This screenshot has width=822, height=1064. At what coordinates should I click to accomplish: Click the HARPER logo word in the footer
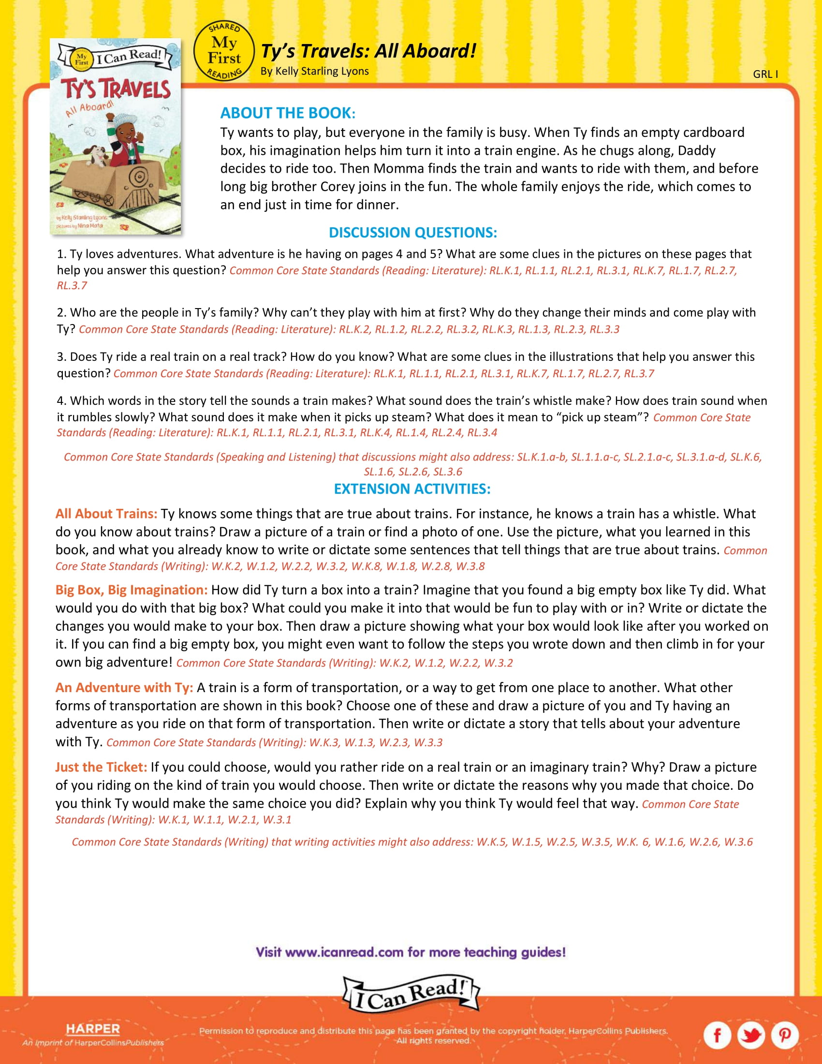(92, 1028)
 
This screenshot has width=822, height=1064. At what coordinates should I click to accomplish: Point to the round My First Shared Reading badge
(224, 51)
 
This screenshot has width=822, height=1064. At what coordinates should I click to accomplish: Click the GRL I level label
(765, 74)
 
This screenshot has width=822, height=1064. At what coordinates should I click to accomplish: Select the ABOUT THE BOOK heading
(288, 113)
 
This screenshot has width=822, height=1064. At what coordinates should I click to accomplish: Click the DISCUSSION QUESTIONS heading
(412, 232)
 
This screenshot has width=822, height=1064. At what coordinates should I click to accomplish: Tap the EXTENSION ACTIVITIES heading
(412, 488)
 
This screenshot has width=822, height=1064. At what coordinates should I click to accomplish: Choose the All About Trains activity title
(106, 514)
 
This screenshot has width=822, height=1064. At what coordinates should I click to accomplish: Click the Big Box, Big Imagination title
(132, 590)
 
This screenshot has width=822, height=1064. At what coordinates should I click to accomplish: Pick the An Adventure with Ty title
(124, 687)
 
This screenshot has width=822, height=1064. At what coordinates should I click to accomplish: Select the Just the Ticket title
(101, 767)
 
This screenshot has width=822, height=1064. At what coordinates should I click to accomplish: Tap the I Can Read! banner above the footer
(411, 994)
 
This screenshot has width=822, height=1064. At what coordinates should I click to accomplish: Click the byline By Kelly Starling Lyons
(314, 71)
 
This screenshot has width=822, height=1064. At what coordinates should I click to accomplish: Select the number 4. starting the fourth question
(61, 400)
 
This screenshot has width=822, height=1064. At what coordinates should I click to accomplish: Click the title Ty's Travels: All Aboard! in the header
(368, 51)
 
